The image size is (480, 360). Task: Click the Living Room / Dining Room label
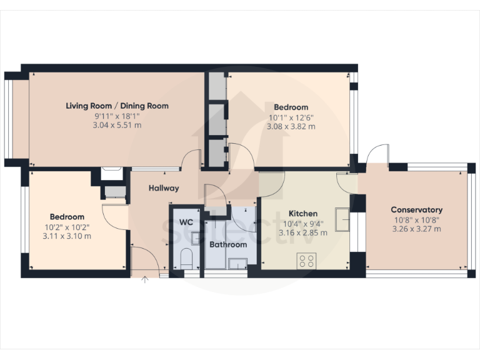117,106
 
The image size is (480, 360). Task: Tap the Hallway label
164,188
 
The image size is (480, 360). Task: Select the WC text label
186,222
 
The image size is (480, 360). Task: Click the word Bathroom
227,244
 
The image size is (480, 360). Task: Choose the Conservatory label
416,209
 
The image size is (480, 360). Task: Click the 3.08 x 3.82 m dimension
291,126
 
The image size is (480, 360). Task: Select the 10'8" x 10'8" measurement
416,219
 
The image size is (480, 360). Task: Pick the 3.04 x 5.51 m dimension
117,125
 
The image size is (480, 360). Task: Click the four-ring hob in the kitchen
306,261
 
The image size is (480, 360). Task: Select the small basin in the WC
196,237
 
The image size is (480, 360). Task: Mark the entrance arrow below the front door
145,279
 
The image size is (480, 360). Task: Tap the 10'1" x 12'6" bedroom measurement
291,117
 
